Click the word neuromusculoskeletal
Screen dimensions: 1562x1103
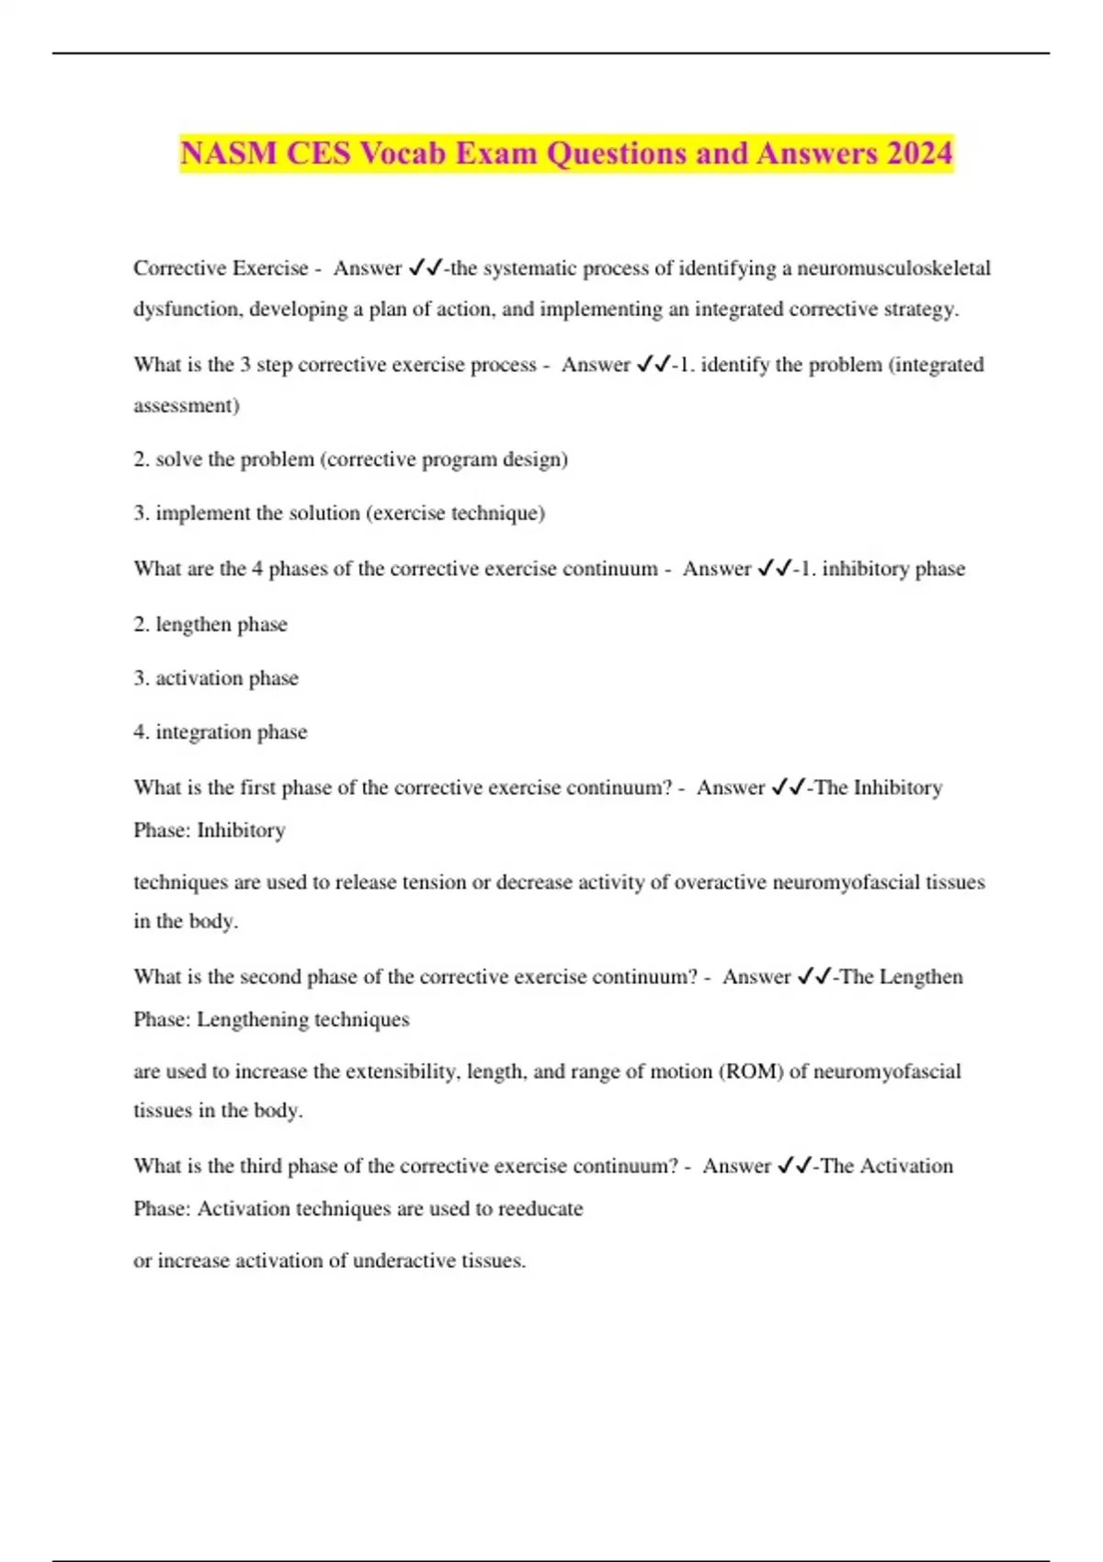point(893,268)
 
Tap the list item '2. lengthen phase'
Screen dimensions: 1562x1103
point(210,625)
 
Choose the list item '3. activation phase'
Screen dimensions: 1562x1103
point(216,678)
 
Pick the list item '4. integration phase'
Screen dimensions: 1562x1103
point(221,732)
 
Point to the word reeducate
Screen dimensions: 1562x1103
point(540,1208)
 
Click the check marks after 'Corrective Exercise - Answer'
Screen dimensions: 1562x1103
point(426,268)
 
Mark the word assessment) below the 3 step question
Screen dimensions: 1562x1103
point(187,405)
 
